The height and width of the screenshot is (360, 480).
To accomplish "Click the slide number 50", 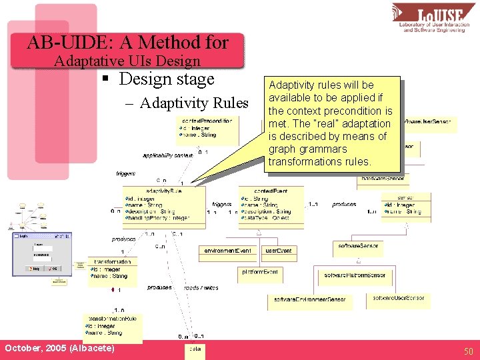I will click(x=468, y=351).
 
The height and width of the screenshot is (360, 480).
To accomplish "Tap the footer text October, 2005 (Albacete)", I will click(x=59, y=349).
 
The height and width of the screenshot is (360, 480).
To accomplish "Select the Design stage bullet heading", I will click(x=166, y=79).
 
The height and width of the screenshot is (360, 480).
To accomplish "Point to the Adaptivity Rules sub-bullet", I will click(x=194, y=103).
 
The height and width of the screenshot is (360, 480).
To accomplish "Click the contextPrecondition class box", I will click(x=207, y=130).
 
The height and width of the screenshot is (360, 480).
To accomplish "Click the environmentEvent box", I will click(x=228, y=251).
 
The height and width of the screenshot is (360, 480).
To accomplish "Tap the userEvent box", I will click(x=279, y=251).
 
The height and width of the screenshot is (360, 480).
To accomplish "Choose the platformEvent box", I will click(x=261, y=272).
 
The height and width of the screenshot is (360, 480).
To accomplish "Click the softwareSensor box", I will click(x=358, y=246).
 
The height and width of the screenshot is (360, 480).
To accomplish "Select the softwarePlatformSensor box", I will click(x=355, y=275).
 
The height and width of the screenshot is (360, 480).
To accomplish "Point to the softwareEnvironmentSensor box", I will click(x=309, y=300).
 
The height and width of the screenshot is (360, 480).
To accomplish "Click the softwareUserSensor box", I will click(x=399, y=297).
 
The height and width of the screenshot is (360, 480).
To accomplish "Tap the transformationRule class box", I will click(x=112, y=325).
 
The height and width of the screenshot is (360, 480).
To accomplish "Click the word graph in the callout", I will click(x=281, y=149).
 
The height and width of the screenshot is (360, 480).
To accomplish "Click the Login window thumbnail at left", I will click(x=41, y=253).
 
